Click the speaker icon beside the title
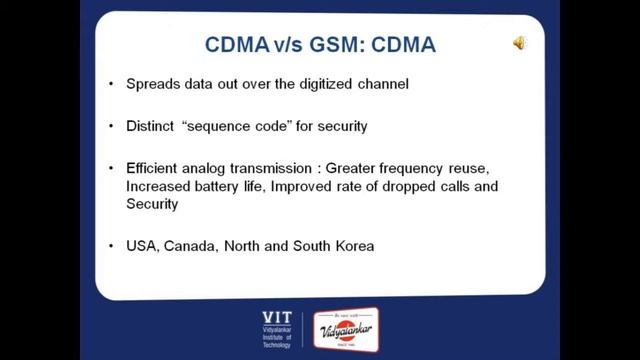520,43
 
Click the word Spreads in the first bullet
151,84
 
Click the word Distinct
150,127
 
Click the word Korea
353,245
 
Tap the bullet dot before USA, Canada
111,245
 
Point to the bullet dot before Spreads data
111,84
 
